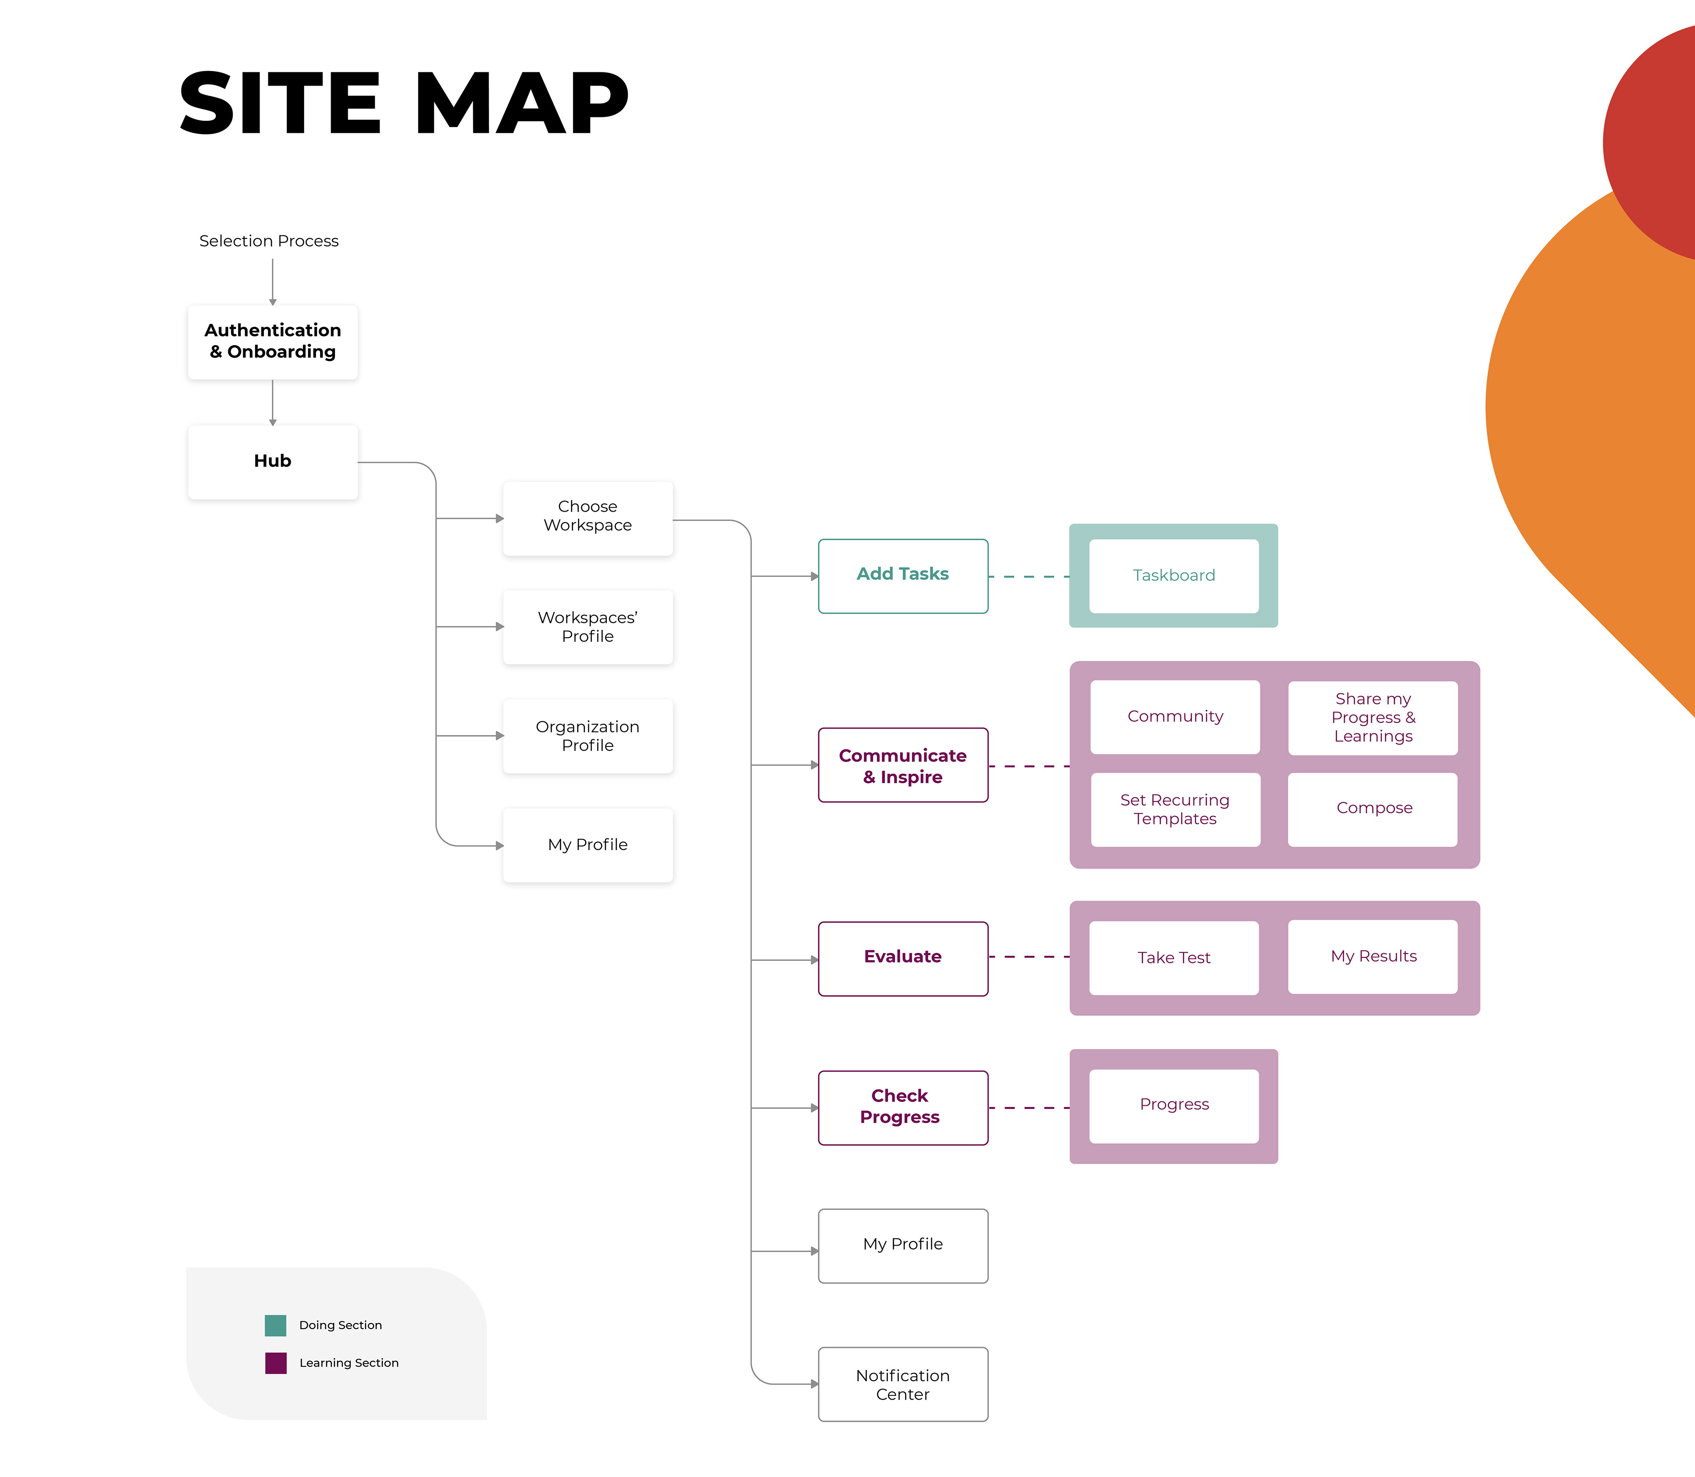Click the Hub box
click(x=273, y=462)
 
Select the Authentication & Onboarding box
click(x=273, y=341)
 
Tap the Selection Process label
click(x=269, y=241)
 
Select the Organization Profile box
click(x=588, y=735)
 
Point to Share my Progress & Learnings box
click(x=1373, y=717)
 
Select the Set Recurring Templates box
click(x=1175, y=810)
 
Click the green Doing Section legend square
click(x=275, y=1325)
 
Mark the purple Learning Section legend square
click(x=275, y=1363)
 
